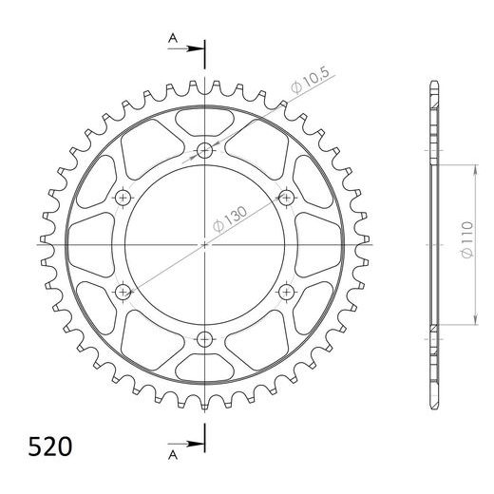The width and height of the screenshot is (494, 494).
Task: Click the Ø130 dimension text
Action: point(230,219)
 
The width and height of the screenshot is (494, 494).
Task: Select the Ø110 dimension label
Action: point(467,239)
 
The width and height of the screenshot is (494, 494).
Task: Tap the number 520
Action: point(50,446)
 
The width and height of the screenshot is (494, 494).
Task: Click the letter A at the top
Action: point(173,38)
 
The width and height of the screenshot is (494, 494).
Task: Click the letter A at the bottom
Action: point(173,455)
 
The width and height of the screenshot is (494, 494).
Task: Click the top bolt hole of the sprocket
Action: point(204,150)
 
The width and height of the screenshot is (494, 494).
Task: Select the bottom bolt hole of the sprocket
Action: point(204,339)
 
